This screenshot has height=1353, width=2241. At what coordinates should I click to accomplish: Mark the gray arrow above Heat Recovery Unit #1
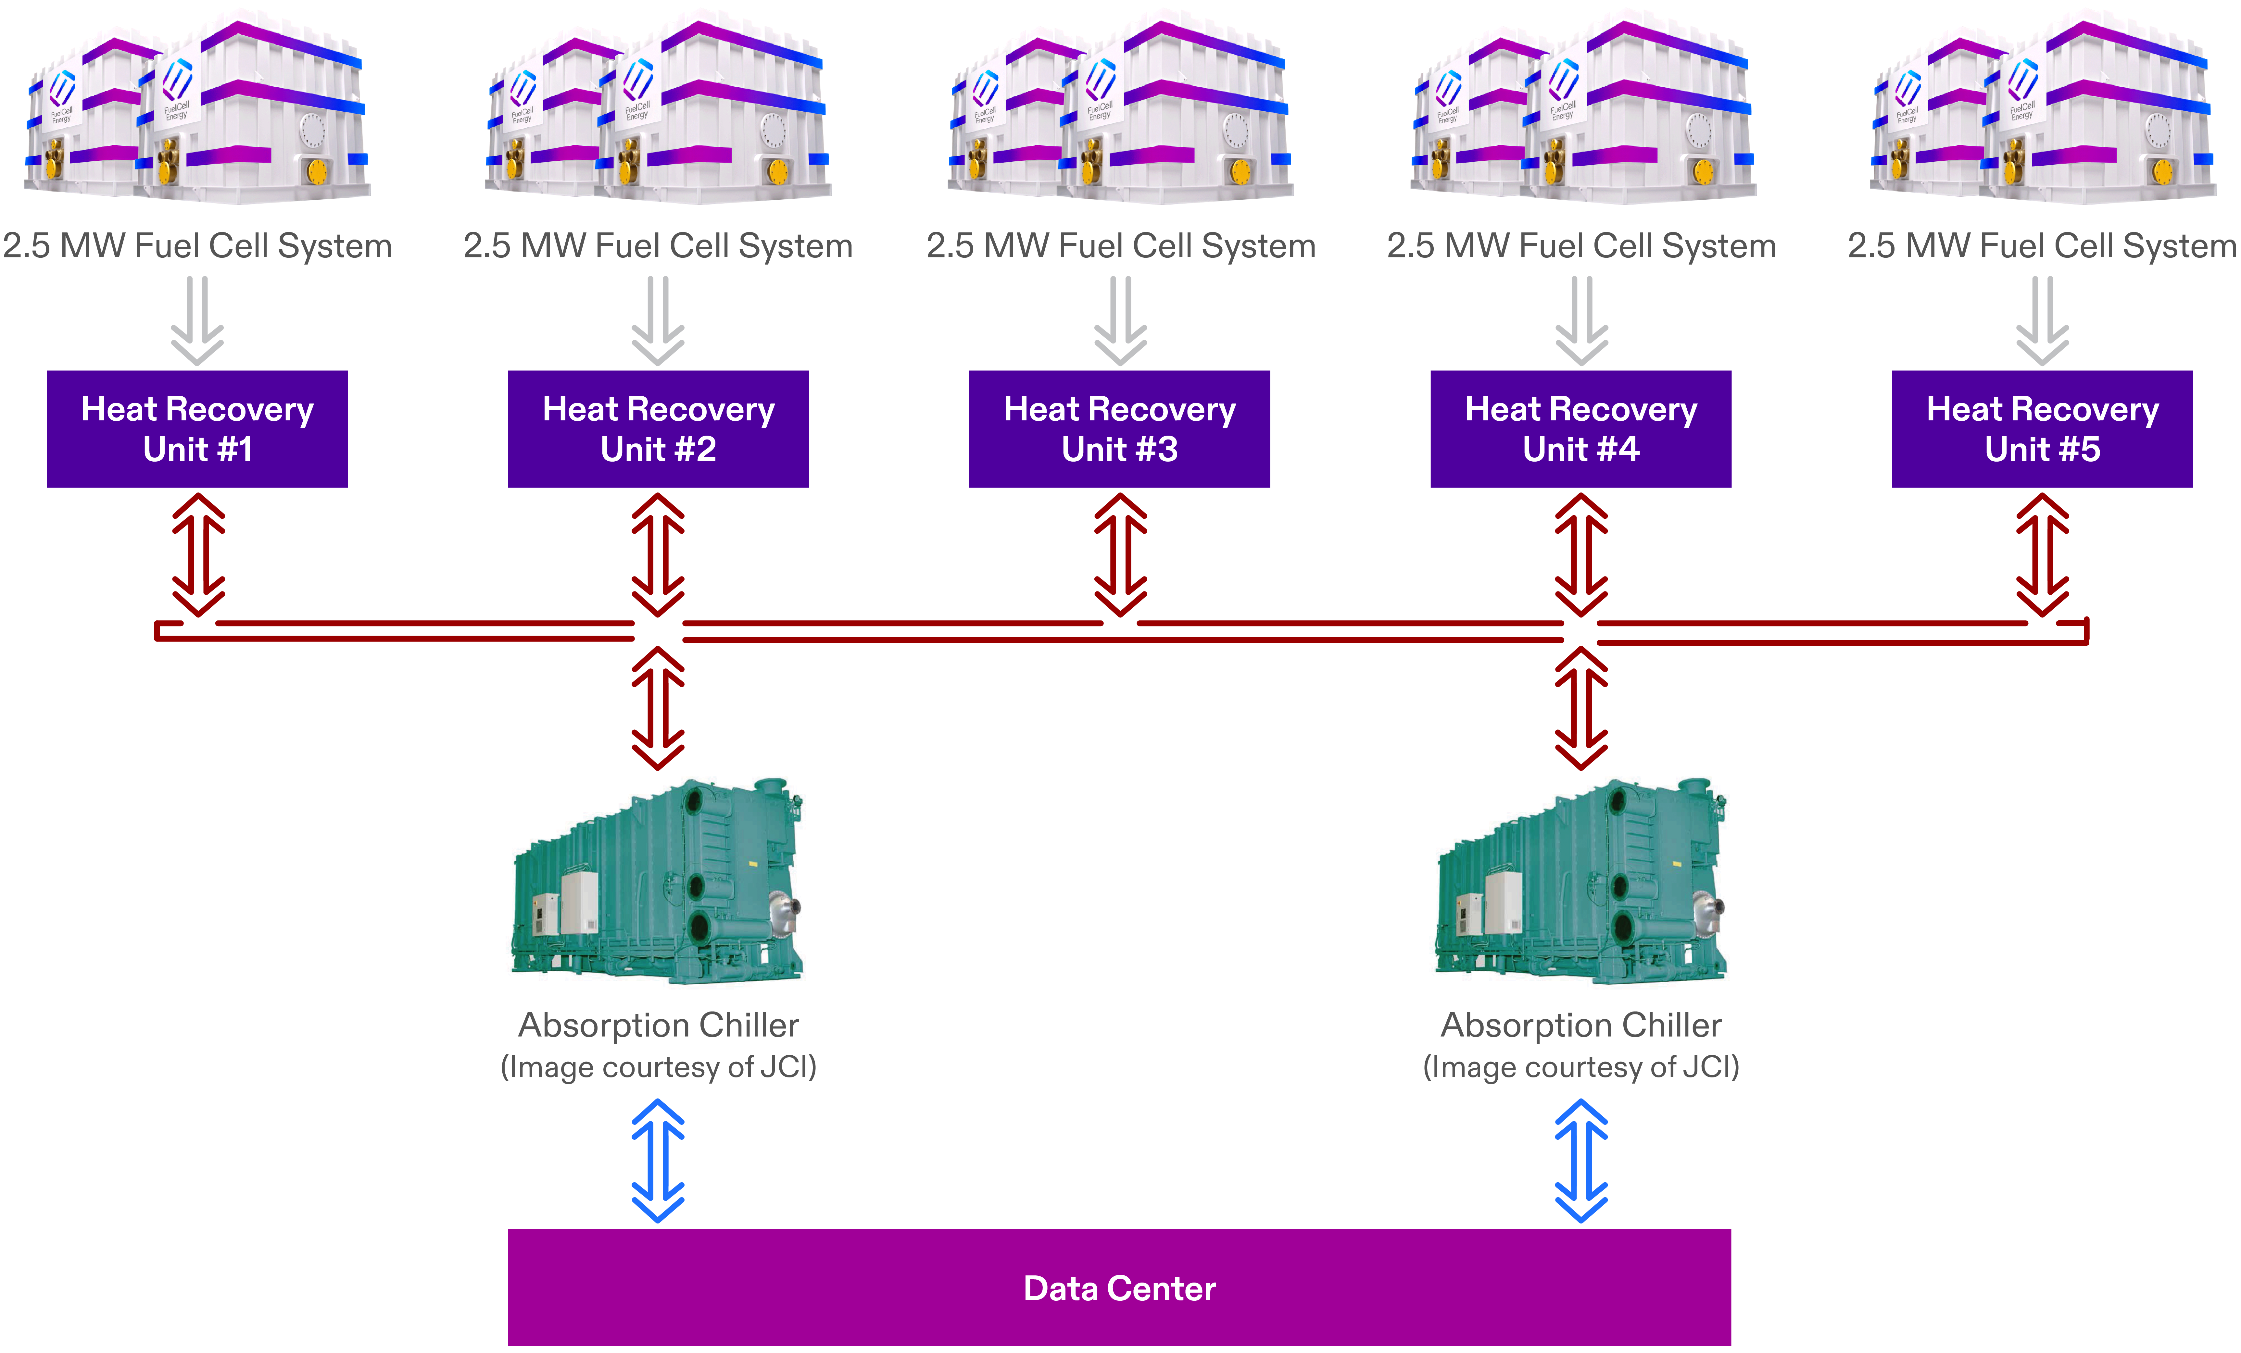pyautogui.click(x=197, y=320)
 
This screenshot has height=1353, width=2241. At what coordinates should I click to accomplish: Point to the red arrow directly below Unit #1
pyautogui.click(x=198, y=555)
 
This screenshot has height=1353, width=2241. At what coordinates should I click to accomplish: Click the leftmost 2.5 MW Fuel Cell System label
pyautogui.click(x=197, y=245)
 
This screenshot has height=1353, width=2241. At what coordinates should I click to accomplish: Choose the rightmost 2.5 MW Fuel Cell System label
pyautogui.click(x=2042, y=245)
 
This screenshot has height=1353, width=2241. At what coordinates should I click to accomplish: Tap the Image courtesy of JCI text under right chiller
pyautogui.click(x=1581, y=1067)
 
